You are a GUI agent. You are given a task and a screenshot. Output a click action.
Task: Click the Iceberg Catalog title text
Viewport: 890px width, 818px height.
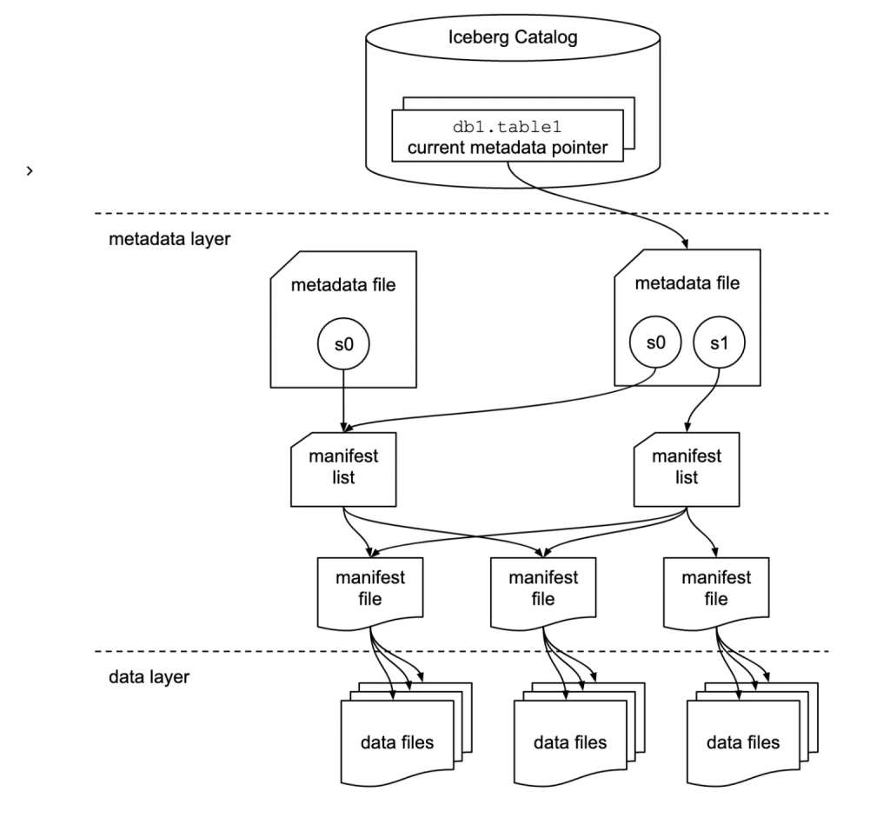click(512, 37)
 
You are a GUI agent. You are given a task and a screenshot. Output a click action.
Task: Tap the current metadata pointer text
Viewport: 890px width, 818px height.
click(508, 148)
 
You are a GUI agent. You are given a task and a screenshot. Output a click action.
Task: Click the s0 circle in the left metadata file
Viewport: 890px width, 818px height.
click(344, 344)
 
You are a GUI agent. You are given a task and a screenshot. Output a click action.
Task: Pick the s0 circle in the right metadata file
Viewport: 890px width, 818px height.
click(656, 343)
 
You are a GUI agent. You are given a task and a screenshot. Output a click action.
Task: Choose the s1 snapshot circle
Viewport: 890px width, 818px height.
click(718, 343)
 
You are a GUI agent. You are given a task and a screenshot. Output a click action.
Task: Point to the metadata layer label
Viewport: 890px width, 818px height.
click(169, 238)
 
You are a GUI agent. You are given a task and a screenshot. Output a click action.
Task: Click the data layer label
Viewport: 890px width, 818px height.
click(149, 676)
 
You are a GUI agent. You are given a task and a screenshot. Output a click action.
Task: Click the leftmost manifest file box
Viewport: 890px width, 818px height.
click(370, 589)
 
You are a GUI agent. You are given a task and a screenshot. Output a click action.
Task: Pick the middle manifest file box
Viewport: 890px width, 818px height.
click(543, 589)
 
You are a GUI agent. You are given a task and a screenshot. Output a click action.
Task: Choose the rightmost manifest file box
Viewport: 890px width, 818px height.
click(715, 589)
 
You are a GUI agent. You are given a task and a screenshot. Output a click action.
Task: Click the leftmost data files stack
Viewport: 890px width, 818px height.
click(398, 742)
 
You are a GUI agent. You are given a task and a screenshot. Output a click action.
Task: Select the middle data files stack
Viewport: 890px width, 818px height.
click(570, 742)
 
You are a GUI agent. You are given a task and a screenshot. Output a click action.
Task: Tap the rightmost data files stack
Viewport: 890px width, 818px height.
click(743, 742)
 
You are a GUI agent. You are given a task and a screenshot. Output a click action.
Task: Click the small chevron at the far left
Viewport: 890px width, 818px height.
click(30, 171)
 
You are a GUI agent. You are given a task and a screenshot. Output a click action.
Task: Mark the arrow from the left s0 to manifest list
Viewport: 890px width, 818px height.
click(344, 396)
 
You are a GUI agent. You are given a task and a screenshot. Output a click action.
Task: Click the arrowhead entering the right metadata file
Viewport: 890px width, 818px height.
click(687, 244)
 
